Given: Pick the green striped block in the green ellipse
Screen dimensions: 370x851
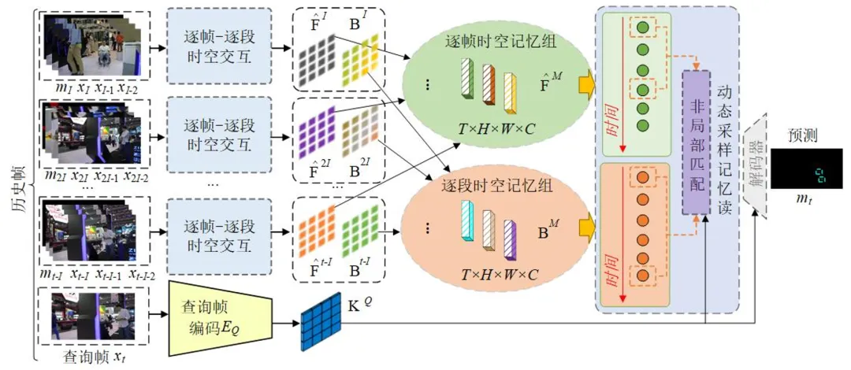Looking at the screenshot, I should coord(466,80).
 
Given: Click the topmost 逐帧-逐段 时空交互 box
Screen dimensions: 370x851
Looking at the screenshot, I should coord(218,48).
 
